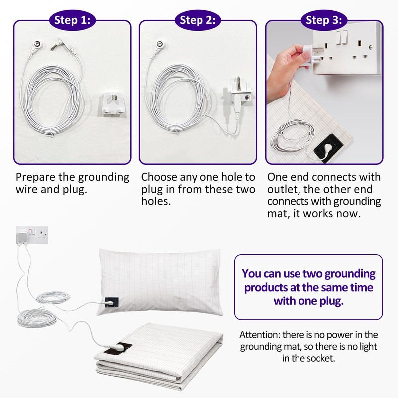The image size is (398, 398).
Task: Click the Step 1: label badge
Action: tap(72, 20)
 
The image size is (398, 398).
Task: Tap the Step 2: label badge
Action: tap(198, 20)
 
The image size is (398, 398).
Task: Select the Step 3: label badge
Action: tap(323, 20)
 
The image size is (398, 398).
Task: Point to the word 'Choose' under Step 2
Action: tap(160, 177)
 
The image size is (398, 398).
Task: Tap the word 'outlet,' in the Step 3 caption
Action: tap(284, 190)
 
